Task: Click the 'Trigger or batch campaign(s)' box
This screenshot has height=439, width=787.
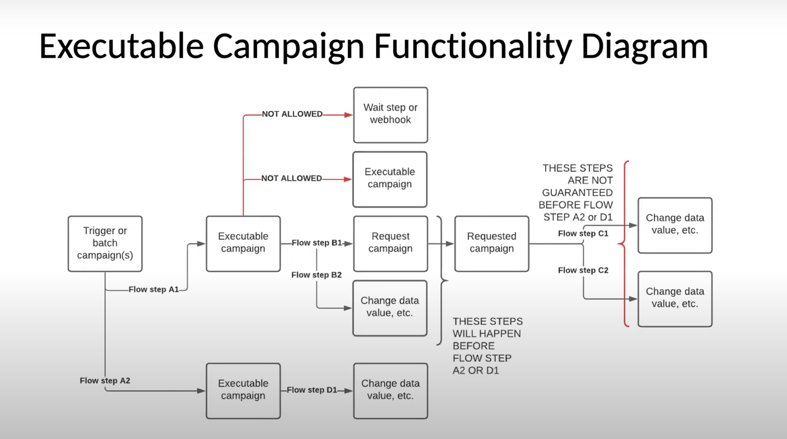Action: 105,243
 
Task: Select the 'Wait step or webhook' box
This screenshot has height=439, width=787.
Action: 390,115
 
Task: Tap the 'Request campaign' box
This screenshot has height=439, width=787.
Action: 390,243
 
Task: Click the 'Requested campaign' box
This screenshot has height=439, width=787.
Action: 491,243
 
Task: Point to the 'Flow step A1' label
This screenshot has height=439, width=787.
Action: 154,289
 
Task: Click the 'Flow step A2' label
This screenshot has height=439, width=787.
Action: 105,380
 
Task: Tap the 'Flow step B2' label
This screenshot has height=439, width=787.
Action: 316,275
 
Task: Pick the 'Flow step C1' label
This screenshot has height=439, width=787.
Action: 583,233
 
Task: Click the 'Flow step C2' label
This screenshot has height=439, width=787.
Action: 583,270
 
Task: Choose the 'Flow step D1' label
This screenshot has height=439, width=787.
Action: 312,390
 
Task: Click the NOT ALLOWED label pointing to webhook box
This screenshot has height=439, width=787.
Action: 292,114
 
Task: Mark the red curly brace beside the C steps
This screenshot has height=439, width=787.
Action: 625,243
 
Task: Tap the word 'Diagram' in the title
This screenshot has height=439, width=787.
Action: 644,46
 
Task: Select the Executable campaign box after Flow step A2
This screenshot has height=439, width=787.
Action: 243,390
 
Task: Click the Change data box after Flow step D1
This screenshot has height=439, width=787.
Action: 390,390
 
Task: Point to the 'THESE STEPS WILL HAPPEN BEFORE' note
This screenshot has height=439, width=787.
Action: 487,345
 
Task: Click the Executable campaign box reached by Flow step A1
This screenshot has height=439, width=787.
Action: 243,243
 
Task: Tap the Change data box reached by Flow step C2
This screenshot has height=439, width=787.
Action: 675,298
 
